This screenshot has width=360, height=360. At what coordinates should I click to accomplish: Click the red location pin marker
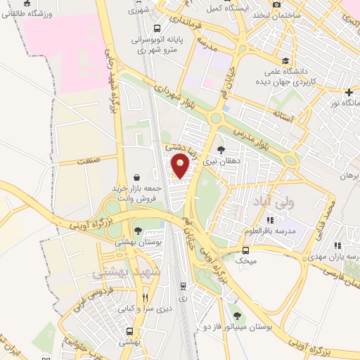181,167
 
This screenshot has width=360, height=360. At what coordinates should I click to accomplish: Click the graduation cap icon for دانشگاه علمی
285,61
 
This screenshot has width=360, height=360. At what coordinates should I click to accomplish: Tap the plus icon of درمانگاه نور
349,92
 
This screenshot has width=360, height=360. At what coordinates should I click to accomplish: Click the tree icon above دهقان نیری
221,150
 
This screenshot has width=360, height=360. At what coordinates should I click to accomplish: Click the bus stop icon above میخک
245,250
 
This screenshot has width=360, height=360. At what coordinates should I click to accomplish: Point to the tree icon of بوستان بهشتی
138,231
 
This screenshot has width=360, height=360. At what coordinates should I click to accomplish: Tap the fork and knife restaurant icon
145,297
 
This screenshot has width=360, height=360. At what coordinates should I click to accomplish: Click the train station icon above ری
183,286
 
